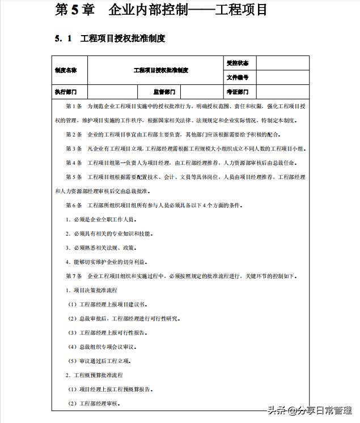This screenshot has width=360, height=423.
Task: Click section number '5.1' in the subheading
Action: coord(63,39)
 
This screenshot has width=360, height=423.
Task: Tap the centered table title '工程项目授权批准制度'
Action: coord(160,70)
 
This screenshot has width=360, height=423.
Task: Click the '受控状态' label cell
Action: coord(237,63)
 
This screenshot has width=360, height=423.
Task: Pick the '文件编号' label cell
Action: coord(237,78)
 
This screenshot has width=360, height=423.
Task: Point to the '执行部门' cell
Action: coord(66,92)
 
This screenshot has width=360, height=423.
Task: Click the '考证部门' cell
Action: coord(237,92)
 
